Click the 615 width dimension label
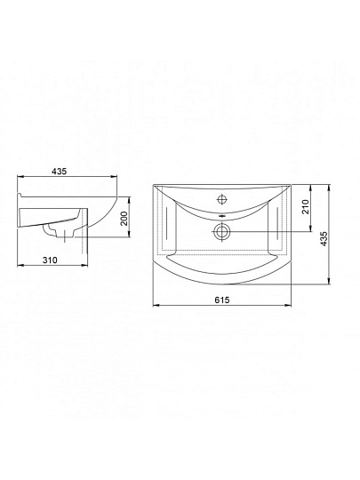click(x=222, y=300)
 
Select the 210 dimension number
click(x=305, y=206)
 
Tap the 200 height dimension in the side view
click(x=124, y=219)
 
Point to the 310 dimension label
click(x=50, y=260)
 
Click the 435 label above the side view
click(x=59, y=172)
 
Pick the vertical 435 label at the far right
click(x=324, y=239)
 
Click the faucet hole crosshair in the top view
click(x=221, y=200)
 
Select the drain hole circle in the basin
click(x=221, y=231)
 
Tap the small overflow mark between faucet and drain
click(x=221, y=216)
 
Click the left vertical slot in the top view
click(x=167, y=224)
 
